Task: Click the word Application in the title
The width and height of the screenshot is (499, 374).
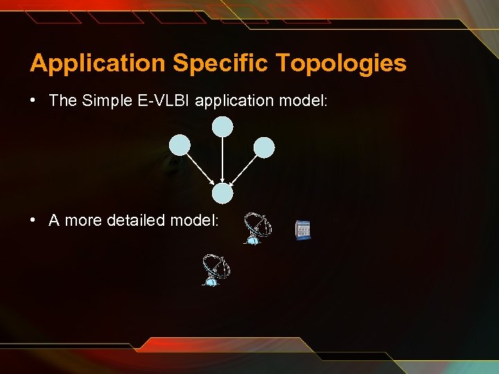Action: (x=97, y=64)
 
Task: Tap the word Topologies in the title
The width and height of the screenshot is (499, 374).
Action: (x=341, y=64)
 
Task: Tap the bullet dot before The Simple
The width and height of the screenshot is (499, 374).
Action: (x=33, y=100)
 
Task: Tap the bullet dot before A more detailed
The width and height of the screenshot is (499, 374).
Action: (x=33, y=220)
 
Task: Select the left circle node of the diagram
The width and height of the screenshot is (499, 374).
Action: (x=180, y=145)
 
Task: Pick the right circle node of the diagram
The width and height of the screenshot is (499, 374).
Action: (x=264, y=147)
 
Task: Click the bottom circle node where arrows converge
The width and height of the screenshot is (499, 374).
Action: (x=222, y=193)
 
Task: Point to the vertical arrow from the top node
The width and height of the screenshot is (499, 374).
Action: (x=222, y=159)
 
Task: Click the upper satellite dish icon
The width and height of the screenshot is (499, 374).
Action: (x=256, y=229)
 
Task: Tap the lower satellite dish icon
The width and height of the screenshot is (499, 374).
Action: (x=216, y=270)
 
